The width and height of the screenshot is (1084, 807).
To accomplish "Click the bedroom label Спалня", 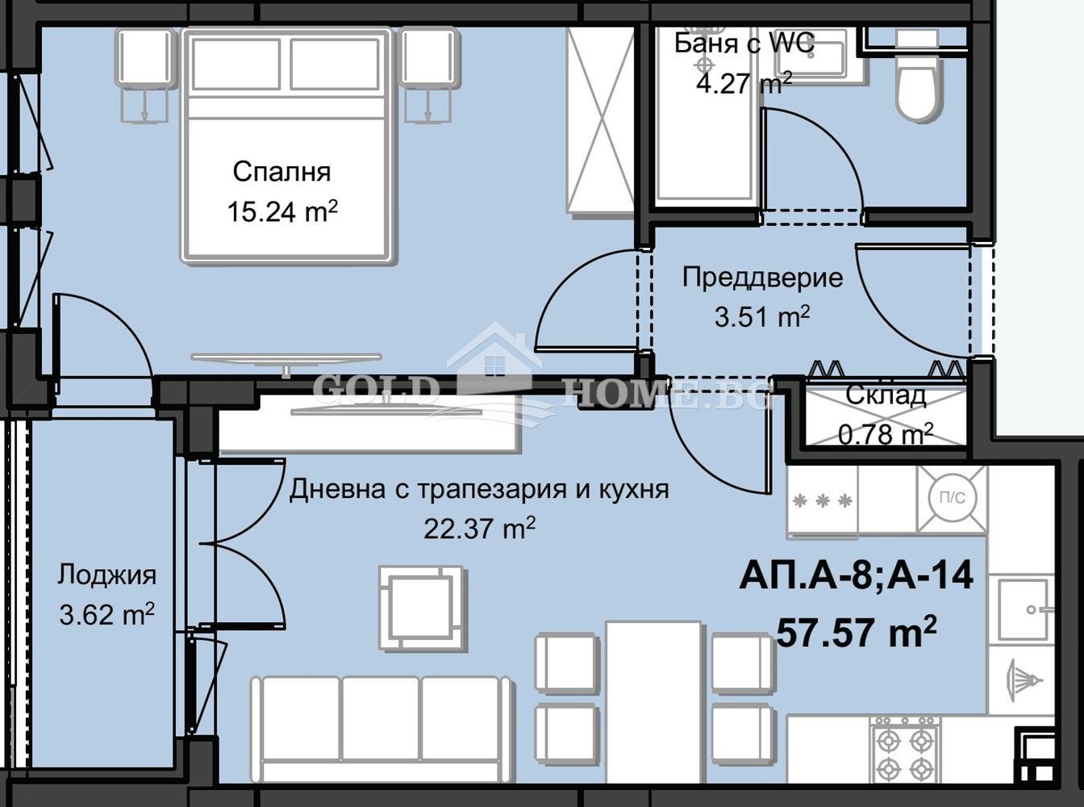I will point(281,172).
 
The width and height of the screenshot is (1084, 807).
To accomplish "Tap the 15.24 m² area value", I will point(281,212).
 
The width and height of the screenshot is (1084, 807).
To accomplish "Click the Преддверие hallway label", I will point(762,278).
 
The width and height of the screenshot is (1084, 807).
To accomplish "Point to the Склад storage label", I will point(886,395).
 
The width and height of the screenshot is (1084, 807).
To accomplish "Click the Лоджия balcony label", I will point(106,575).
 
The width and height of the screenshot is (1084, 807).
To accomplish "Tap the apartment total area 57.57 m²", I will point(856,631).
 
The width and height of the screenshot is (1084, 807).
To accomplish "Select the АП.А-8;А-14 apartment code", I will point(856,577).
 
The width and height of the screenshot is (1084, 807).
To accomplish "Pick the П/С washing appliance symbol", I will point(952,499).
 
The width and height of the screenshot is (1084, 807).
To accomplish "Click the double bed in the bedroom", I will point(289,145).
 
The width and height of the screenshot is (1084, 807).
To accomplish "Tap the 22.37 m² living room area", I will point(479,529).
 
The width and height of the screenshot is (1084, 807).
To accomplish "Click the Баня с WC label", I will point(744,44).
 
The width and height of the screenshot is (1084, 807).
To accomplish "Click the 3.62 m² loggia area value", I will point(106,616).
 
